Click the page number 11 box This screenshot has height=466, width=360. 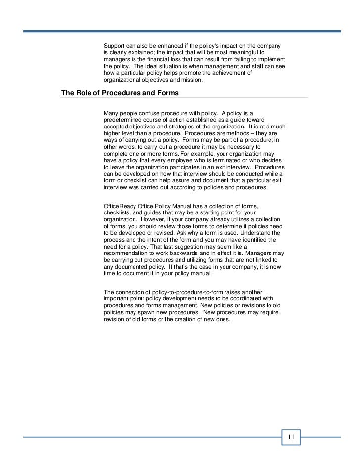point(291,437)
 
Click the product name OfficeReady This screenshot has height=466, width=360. point(121,206)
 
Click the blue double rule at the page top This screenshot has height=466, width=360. point(182,31)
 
